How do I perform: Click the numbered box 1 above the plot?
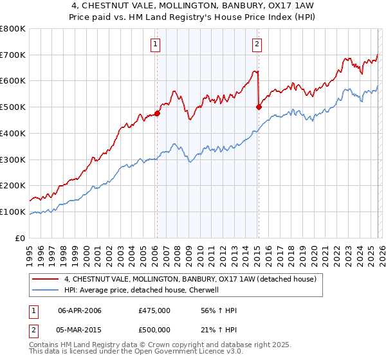tap(156, 44)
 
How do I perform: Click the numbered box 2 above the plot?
tap(257, 44)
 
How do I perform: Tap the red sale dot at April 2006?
tap(157, 113)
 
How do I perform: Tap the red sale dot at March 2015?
tap(259, 107)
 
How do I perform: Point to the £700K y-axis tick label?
tap(13, 55)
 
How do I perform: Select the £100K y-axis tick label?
tap(13, 212)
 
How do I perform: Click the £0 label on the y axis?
tap(19, 238)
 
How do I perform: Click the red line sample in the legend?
tap(46, 280)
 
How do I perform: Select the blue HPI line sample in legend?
tap(46, 291)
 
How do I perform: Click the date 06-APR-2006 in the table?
tap(80, 310)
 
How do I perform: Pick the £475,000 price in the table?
tap(154, 310)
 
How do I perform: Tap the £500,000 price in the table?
tap(154, 330)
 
